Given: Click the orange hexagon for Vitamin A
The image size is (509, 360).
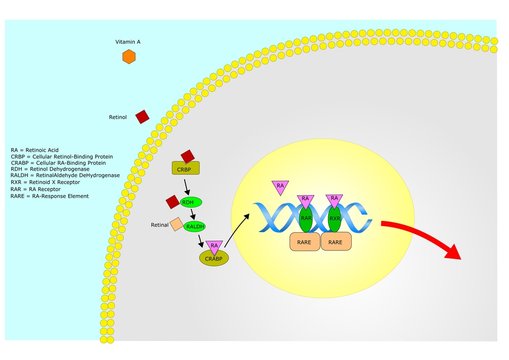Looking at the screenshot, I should click(129, 57).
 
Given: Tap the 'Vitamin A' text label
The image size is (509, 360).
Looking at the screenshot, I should click(128, 41).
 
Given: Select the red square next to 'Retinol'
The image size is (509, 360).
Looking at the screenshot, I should click(142, 117).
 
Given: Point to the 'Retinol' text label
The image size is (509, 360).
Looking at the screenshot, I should click(118, 117).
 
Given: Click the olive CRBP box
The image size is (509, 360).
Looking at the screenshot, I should click(186, 168).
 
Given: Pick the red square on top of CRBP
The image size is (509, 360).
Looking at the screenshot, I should click(186, 157).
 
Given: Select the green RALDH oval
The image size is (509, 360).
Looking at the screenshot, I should click(194, 226).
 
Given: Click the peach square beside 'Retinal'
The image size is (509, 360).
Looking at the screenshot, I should click(176, 225).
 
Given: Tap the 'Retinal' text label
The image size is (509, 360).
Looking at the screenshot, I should click(159, 225).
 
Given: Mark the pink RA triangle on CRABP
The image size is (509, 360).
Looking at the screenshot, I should click(215, 246).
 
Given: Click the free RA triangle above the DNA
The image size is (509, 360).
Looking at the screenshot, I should click(281, 187).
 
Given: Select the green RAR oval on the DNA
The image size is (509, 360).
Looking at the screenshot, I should click(307, 217).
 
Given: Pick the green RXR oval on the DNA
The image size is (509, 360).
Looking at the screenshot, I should click(335, 217).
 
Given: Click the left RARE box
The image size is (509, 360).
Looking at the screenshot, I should click(304, 241).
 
